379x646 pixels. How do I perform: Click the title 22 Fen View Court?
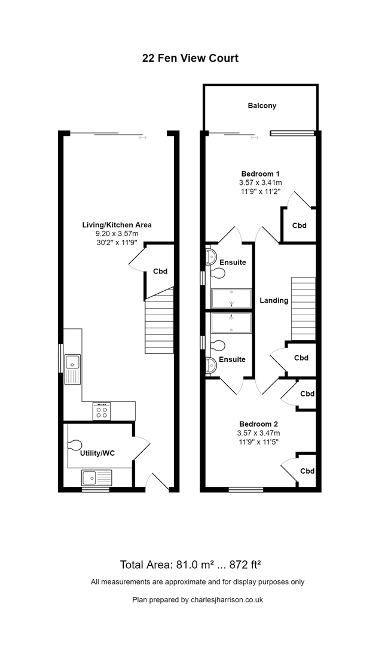pos(190,58)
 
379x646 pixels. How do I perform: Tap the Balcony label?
pos(262,105)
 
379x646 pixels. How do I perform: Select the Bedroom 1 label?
pos(261,173)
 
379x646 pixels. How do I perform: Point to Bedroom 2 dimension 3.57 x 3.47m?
pos(259,433)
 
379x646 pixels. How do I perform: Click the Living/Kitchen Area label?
pos(117,225)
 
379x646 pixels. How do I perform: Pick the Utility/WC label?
pos(97,453)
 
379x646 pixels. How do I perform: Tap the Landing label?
pos(274,300)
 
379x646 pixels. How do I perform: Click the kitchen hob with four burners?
pos(102,411)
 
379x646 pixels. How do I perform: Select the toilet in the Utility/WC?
pos(75,446)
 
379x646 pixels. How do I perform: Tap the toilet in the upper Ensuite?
pos(218,273)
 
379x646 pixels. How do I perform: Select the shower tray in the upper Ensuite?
pos(231,298)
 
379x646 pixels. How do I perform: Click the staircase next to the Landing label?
pos(304,309)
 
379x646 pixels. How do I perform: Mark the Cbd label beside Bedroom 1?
pos(299,226)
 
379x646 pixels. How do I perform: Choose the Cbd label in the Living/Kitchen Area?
pos(160,272)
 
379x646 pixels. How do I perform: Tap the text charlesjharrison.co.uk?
pos(227,600)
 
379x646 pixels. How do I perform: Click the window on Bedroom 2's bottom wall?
pos(246,489)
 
